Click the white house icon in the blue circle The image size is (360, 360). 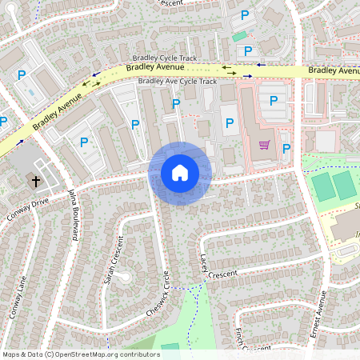[x=179, y=172]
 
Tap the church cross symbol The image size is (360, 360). [x=36, y=181]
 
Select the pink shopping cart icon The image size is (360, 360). [x=264, y=145]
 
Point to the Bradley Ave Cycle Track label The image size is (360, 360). [x=177, y=81]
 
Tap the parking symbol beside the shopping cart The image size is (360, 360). [x=286, y=147]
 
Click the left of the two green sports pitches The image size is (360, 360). [x=323, y=186]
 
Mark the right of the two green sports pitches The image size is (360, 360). [x=344, y=185]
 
